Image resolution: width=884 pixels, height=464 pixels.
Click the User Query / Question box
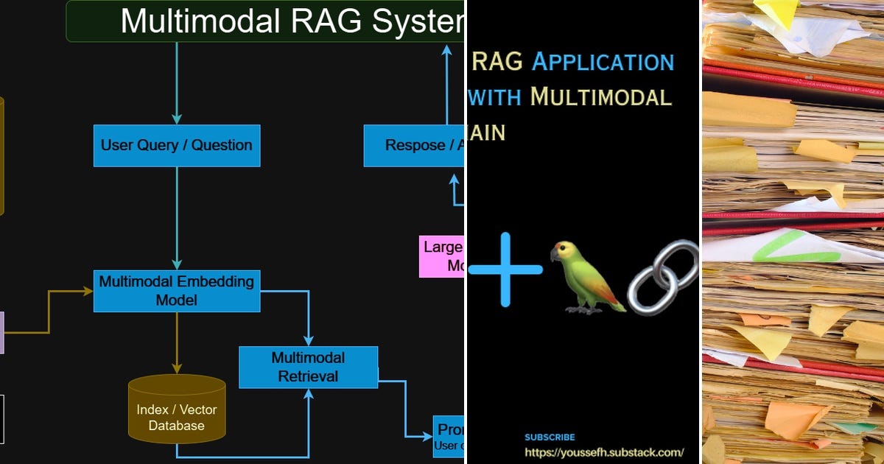(177, 145)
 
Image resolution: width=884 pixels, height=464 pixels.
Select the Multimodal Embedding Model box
(177, 291)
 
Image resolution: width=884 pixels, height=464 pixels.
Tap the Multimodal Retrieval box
(308, 367)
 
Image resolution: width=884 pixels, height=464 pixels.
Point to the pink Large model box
(442, 256)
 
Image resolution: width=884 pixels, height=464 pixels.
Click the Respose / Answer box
(415, 145)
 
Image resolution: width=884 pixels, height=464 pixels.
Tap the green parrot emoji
(585, 278)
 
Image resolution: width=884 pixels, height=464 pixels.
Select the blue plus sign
(505, 270)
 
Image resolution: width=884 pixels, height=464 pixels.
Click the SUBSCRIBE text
(550, 437)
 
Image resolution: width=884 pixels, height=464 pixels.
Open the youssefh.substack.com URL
(603, 452)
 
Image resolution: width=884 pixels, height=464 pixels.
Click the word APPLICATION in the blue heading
(603, 61)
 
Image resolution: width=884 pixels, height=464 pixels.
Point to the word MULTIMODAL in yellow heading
(600, 96)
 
